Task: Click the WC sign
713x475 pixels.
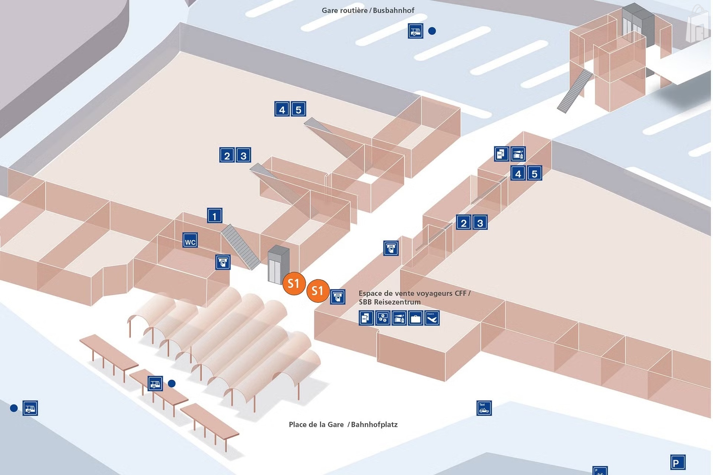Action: pyautogui.click(x=190, y=241)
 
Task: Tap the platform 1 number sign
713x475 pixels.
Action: pyautogui.click(x=215, y=216)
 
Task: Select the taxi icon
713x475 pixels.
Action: pyautogui.click(x=484, y=408)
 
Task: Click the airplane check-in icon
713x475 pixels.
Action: pyautogui.click(x=432, y=318)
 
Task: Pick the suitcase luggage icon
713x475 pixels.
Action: pyautogui.click(x=415, y=318)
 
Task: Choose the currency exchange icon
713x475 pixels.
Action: pyautogui.click(x=383, y=318)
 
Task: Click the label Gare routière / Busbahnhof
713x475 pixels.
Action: pyautogui.click(x=368, y=10)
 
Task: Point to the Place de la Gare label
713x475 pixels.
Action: pyautogui.click(x=316, y=424)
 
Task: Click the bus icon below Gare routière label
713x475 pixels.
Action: pyautogui.click(x=416, y=30)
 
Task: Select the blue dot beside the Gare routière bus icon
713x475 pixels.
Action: pyautogui.click(x=432, y=31)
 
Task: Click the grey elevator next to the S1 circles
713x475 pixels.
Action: pyautogui.click(x=278, y=264)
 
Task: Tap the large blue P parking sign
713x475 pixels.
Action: pyautogui.click(x=677, y=462)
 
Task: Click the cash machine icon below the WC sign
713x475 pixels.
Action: pyautogui.click(x=223, y=262)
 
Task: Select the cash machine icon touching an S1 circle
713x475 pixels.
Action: pyautogui.click(x=337, y=296)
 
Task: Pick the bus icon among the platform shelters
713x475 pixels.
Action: pyautogui.click(x=155, y=383)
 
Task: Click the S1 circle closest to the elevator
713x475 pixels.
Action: pyautogui.click(x=294, y=283)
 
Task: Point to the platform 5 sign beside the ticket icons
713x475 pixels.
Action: pyautogui.click(x=534, y=173)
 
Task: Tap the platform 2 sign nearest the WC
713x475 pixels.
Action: pyautogui.click(x=227, y=155)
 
